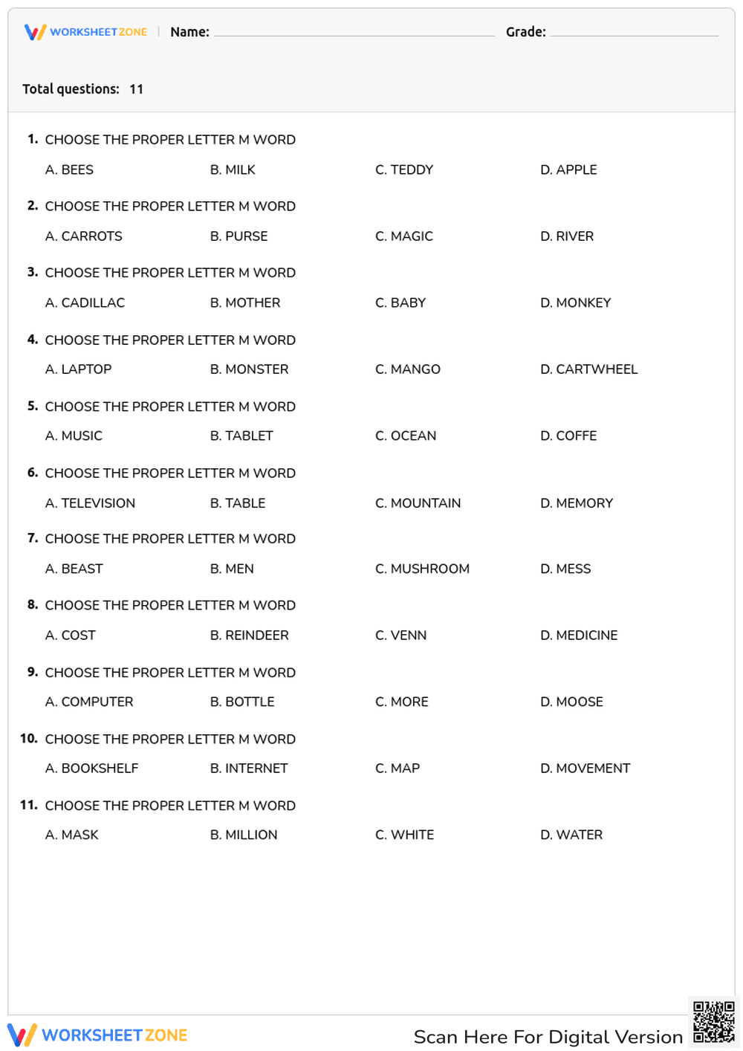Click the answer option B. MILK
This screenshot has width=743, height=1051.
click(x=233, y=170)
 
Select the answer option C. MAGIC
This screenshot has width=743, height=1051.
click(x=404, y=236)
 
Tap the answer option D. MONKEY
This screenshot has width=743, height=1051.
click(x=576, y=303)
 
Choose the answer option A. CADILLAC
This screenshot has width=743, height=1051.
click(x=85, y=303)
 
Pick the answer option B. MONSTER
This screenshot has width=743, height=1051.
click(x=249, y=369)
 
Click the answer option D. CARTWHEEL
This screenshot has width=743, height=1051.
click(x=589, y=369)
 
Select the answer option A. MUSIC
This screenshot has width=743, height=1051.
click(x=74, y=436)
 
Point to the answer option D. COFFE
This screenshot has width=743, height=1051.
click(x=568, y=436)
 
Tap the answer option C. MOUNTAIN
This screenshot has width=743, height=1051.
click(x=418, y=503)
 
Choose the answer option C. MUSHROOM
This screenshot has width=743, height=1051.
click(x=423, y=569)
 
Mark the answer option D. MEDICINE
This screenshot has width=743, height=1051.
click(x=579, y=636)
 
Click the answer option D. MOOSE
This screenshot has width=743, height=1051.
click(x=571, y=702)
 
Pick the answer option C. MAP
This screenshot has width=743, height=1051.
click(x=398, y=769)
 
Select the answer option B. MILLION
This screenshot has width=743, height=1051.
click(x=244, y=835)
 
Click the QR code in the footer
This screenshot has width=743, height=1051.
click(x=713, y=1023)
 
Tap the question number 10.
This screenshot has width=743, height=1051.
click(x=29, y=739)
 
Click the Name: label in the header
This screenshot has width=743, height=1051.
click(x=189, y=32)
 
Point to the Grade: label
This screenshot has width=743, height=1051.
click(x=526, y=32)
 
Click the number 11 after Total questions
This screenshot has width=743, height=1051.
click(x=137, y=89)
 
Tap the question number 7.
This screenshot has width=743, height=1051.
click(x=33, y=538)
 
